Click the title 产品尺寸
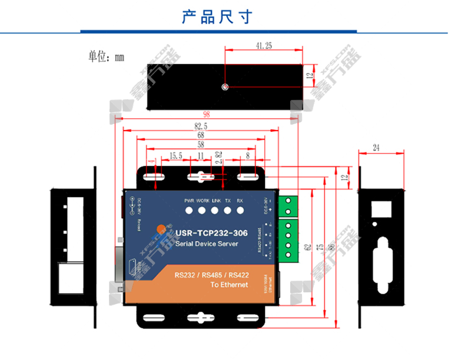pos(217,17)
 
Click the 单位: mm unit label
pos(106,57)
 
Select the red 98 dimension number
pos(206,115)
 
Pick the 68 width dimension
pos(201,135)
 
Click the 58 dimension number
pos(201,145)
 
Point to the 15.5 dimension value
pos(175,156)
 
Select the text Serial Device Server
pos(206,244)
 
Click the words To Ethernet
pos(229,285)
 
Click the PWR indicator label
pos(189,201)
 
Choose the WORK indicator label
pos(203,201)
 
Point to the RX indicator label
pos(240,201)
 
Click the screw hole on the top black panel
pos(224,87)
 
